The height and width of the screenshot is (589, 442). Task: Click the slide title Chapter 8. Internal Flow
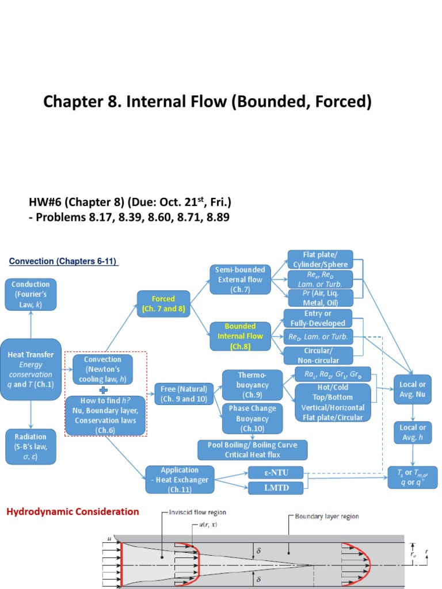pyautogui.click(x=207, y=102)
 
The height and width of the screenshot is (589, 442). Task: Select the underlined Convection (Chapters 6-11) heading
pyautogui.click(x=63, y=262)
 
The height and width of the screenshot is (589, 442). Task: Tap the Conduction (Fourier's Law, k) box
pyautogui.click(x=31, y=294)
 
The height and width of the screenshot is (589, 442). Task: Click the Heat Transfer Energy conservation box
pyautogui.click(x=31, y=370)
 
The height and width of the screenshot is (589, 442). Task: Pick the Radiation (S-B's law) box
pyautogui.click(x=31, y=446)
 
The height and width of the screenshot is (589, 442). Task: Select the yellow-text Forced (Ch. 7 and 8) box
pyautogui.click(x=163, y=304)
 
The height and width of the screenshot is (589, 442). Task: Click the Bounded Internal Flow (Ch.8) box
pyautogui.click(x=240, y=336)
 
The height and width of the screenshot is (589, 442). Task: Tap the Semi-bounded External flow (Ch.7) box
pyautogui.click(x=240, y=280)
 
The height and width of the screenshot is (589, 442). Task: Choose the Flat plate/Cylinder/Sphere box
pyautogui.click(x=320, y=259)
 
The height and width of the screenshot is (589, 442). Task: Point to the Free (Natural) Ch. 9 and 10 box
pyautogui.click(x=184, y=393)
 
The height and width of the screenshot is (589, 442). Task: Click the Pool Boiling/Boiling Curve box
pyautogui.click(x=252, y=450)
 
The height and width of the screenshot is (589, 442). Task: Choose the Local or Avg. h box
pyautogui.click(x=413, y=433)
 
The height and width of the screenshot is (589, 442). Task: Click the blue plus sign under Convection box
pyautogui.click(x=104, y=389)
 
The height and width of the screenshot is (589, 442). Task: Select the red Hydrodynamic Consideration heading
pyautogui.click(x=73, y=511)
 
